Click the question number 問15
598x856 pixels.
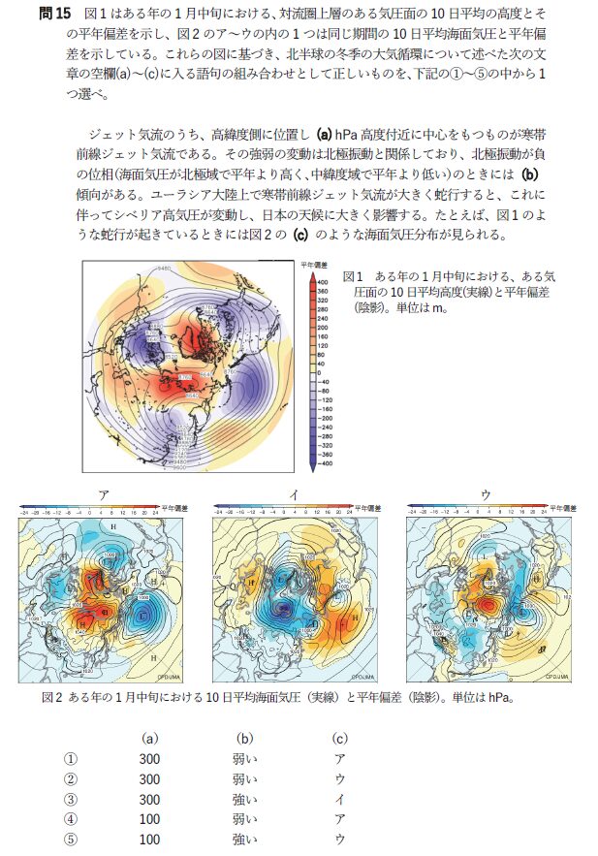(x=51, y=16)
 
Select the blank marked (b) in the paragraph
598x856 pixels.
(x=528, y=175)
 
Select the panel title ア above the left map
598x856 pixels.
(x=103, y=494)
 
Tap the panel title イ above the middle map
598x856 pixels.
(x=294, y=494)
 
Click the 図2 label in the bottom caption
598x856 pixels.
(x=52, y=697)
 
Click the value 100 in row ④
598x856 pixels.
(x=149, y=819)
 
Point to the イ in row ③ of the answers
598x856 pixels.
(x=339, y=799)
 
